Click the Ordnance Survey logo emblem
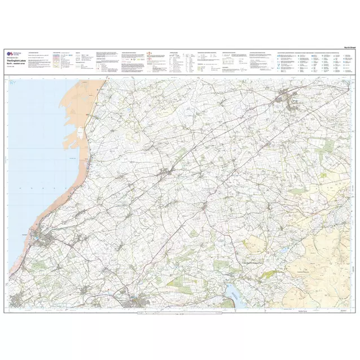pyautogui.click(x=9, y=53)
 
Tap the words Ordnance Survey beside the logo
pyautogui.click(x=16, y=53)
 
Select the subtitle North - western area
pyautogui.click(x=17, y=64)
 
